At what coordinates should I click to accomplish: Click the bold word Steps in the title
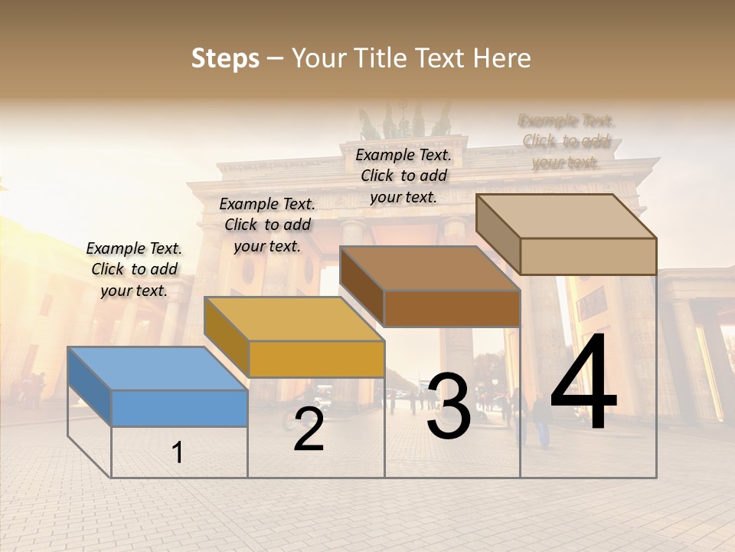[225, 58]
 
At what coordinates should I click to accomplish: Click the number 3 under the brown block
[449, 406]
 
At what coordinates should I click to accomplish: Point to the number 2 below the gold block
[309, 429]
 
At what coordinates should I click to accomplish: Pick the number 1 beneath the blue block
[178, 453]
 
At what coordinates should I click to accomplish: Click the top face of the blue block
[157, 368]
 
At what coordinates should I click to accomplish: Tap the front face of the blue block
[179, 408]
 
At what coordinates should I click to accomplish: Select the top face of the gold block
[294, 319]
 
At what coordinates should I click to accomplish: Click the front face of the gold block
[316, 359]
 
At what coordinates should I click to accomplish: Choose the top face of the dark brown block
[430, 268]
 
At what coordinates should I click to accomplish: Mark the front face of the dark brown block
[452, 308]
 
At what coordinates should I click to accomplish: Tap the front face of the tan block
[588, 256]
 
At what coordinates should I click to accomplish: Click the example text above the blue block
[135, 269]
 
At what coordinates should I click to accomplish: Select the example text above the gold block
[267, 225]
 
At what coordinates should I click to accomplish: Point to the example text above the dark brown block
[403, 176]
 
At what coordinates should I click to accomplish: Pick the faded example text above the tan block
[567, 141]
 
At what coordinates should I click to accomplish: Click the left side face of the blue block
[90, 386]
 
